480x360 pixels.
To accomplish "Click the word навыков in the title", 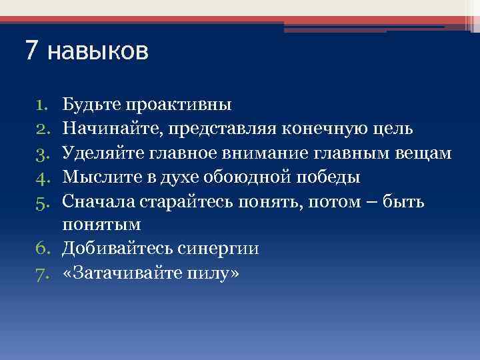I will click(x=99, y=51).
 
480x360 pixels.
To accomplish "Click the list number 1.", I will click(x=41, y=105).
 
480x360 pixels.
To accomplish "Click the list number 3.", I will click(x=41, y=154).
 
